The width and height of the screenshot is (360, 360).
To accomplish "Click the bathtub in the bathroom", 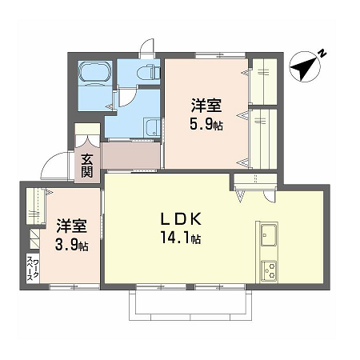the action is (x=94, y=72).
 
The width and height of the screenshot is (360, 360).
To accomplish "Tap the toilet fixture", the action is (x=148, y=72).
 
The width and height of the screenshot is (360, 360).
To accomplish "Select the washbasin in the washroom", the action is (x=152, y=128).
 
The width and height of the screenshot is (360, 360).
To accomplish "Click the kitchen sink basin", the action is (x=269, y=234).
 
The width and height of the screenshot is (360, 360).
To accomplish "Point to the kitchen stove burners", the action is (x=269, y=270).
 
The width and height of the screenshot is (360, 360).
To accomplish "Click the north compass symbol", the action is (x=304, y=67).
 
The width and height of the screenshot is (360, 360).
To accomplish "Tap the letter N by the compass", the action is (x=322, y=53).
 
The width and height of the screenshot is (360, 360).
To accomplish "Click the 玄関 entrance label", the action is (x=87, y=166).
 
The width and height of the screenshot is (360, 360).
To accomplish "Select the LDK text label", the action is (x=181, y=219).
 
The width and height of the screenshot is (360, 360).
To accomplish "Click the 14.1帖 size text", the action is (x=181, y=238).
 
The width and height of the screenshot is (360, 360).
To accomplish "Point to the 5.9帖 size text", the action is (x=206, y=124).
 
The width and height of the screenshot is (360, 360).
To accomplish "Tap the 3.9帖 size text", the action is (x=72, y=245).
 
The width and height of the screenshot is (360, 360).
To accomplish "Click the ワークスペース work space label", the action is (x=33, y=268).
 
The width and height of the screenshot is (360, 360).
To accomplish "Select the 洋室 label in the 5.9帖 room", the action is (x=206, y=106).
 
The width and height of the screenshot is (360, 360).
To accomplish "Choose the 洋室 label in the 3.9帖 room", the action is (x=71, y=226).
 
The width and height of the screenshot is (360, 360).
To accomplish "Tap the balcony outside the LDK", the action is (x=190, y=305).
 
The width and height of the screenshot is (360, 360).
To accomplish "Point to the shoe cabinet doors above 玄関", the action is (x=87, y=141).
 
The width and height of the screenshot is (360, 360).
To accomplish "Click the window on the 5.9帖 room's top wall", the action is (x=220, y=55).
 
